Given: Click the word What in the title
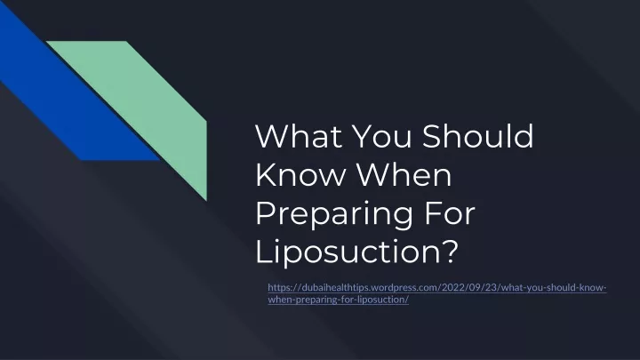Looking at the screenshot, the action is (299, 136).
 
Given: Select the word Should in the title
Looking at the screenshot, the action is (477, 135).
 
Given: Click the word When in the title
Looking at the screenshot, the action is (404, 174).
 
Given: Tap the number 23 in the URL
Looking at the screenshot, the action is (491, 287).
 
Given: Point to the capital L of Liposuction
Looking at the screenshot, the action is (263, 251).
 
